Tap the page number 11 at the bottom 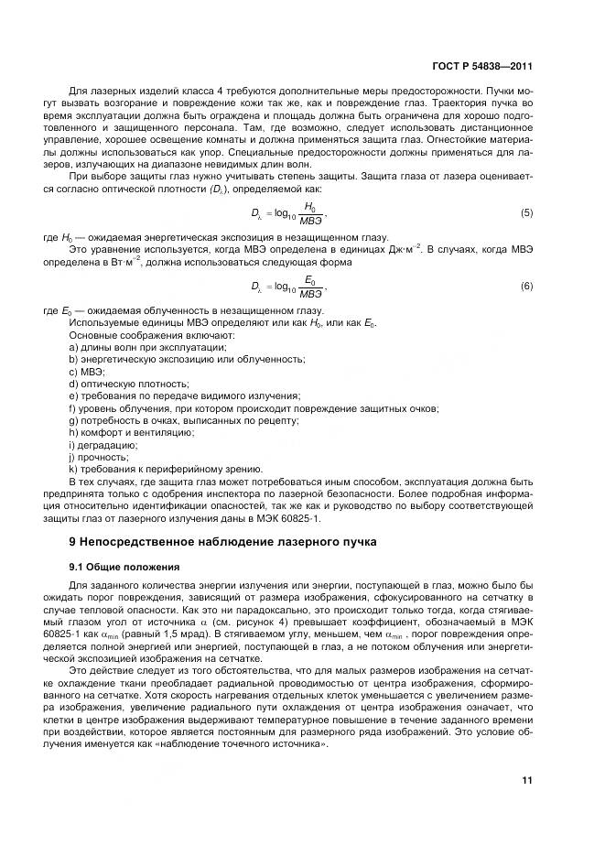(526, 780)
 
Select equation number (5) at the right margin (526, 212)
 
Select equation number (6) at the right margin (526, 287)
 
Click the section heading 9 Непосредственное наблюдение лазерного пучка (216, 542)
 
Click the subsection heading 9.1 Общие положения (119, 567)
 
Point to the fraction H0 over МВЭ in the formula (310, 212)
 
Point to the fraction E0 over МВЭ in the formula (310, 287)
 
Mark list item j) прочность (99, 455)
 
